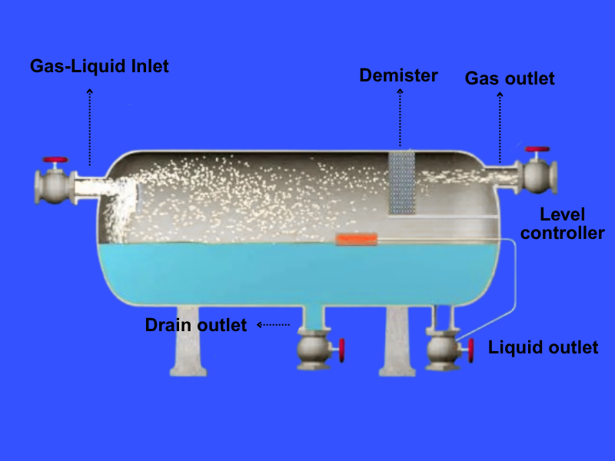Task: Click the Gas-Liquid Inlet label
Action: coord(99,66)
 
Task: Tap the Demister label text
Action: coord(398,75)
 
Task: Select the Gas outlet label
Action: coord(509,78)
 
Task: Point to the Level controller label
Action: coord(562,224)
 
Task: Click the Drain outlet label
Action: coord(196,325)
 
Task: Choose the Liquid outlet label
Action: coord(543,347)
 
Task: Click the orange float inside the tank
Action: coord(357,240)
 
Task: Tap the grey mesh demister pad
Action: coord(401,182)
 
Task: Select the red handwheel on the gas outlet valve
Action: coord(537,148)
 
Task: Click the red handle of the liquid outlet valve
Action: coord(470,350)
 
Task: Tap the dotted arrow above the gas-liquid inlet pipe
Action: coord(90,126)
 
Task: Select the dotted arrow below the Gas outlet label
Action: coord(500,127)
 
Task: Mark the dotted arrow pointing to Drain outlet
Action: coord(274,325)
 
